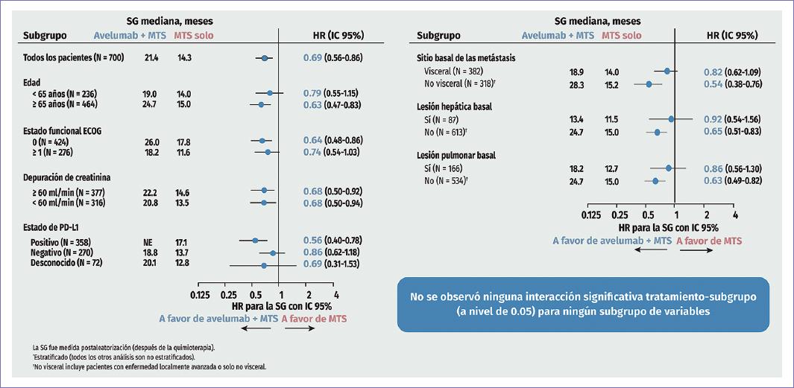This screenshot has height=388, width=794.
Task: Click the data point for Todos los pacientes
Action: tap(265, 57)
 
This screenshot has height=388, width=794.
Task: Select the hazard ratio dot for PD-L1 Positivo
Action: tap(255, 241)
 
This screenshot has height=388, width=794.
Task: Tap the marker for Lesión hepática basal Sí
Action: tap(671, 119)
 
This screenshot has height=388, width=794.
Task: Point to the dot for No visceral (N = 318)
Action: tap(649, 84)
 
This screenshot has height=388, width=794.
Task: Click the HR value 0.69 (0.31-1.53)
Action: tap(333, 264)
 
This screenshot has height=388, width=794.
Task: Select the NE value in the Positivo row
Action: tap(149, 241)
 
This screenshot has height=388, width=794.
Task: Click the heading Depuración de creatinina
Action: tap(67, 177)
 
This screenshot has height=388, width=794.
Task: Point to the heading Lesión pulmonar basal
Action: tap(455, 156)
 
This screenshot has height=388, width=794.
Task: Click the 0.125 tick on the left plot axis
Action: tap(199, 294)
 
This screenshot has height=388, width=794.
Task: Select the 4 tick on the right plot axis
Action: tap(735, 214)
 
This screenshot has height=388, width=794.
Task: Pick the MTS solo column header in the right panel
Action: tap(621, 35)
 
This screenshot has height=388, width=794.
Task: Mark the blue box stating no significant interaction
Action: tap(583, 304)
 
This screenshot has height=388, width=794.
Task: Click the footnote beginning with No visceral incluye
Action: tap(149, 366)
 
